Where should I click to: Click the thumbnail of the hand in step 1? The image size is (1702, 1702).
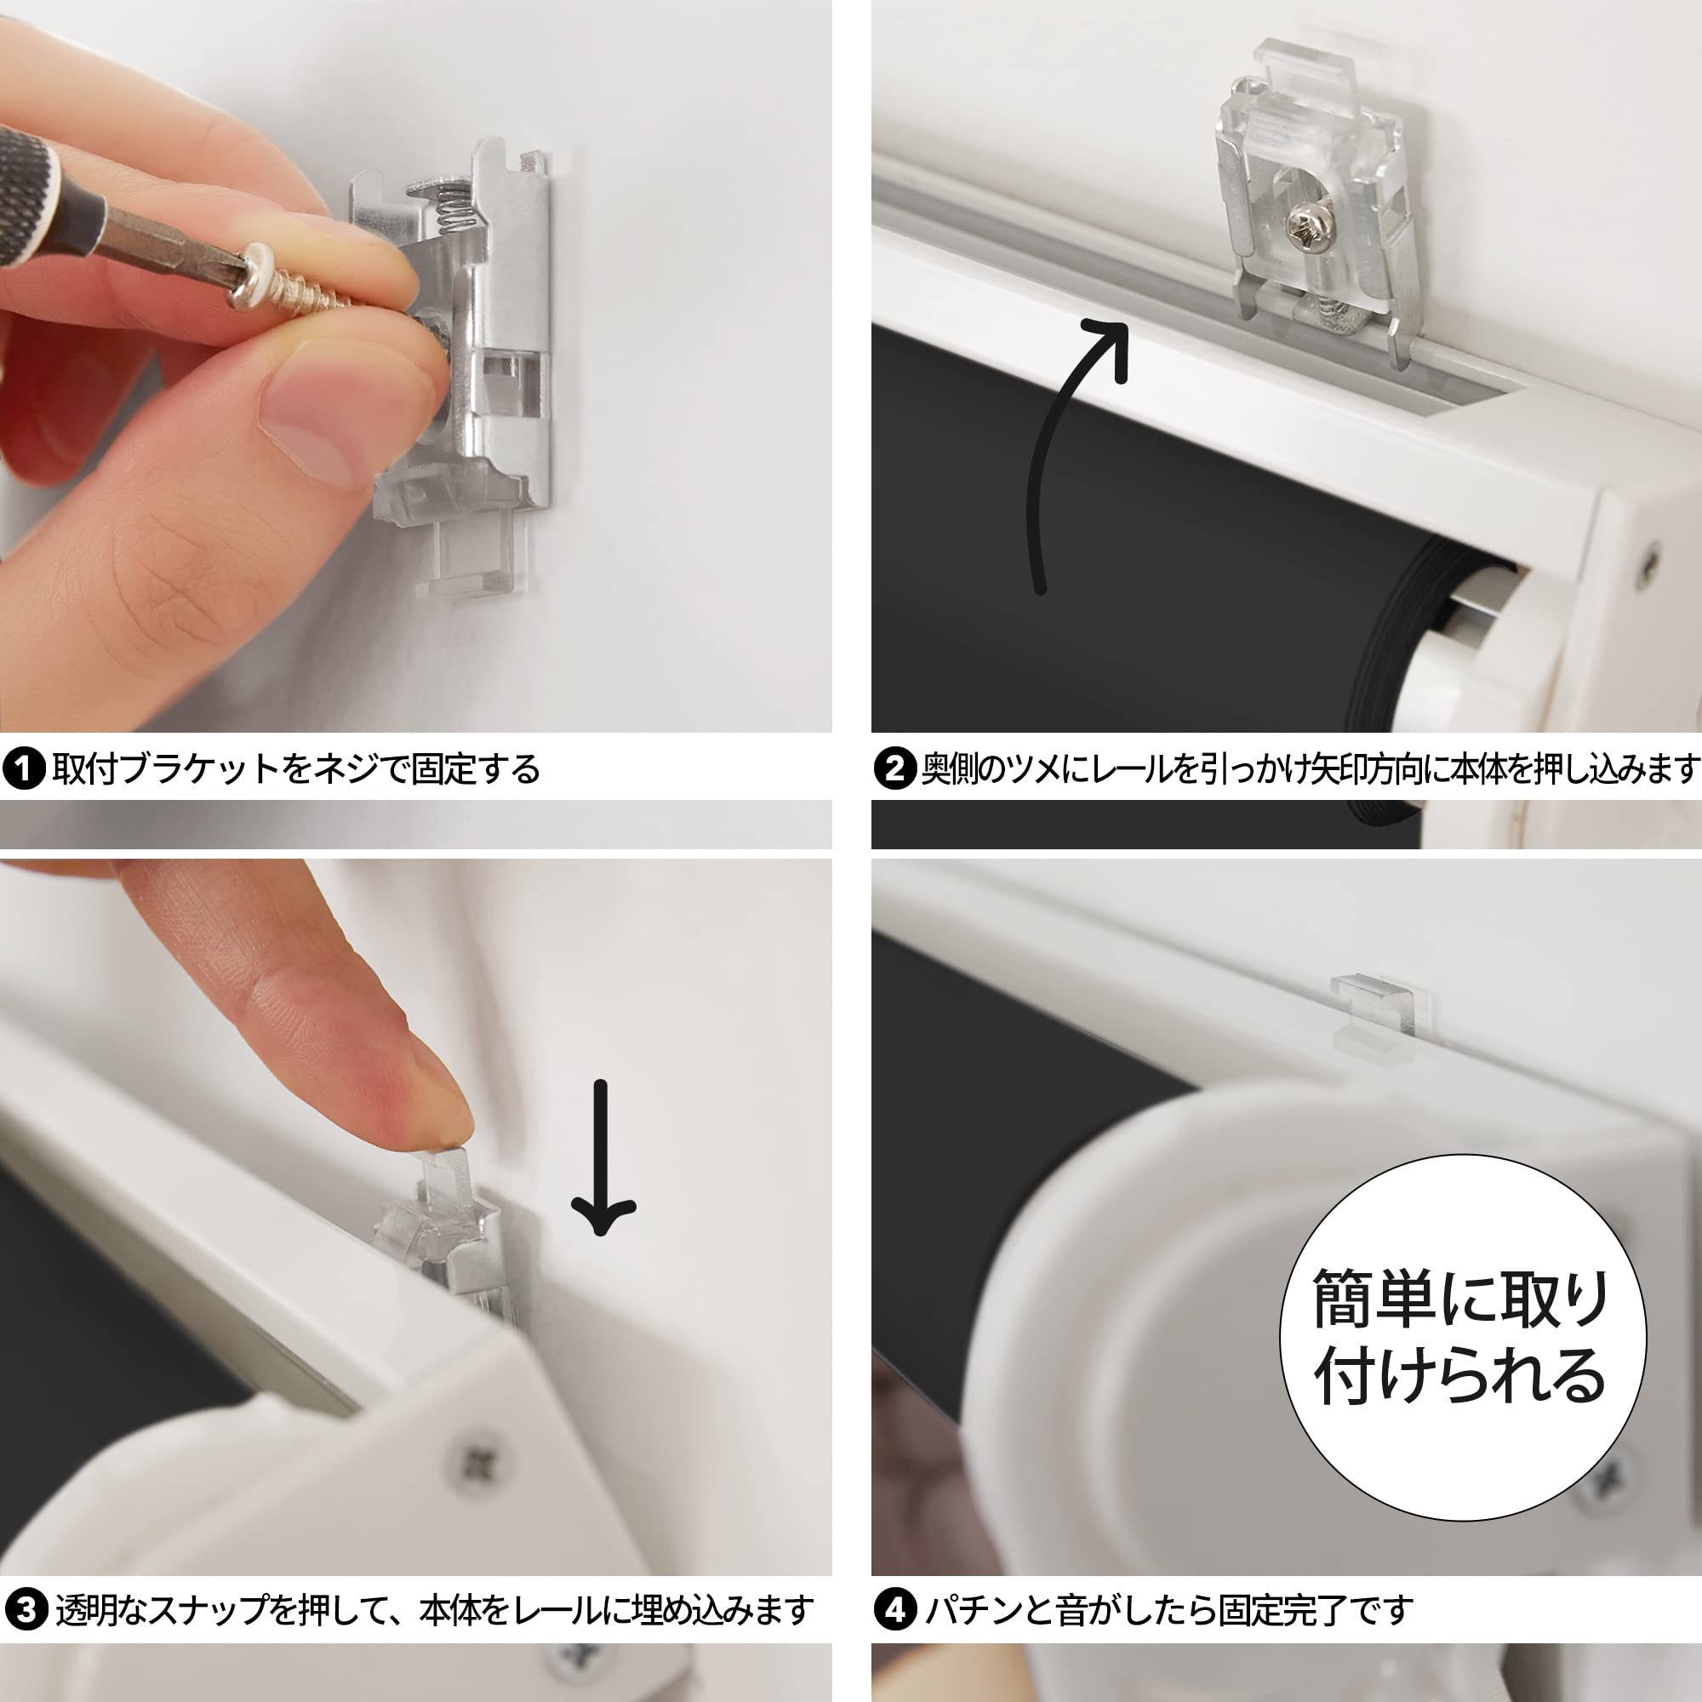(308, 423)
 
